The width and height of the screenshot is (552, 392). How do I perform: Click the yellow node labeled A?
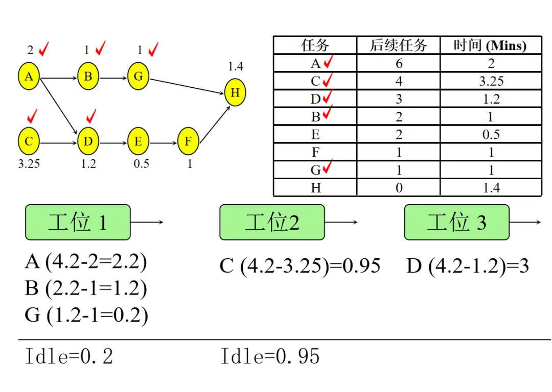tap(29, 77)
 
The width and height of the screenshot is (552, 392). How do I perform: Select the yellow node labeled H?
tap(235, 93)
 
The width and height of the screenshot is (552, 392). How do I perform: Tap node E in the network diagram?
tap(138, 141)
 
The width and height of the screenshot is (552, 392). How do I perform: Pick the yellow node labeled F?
tap(188, 141)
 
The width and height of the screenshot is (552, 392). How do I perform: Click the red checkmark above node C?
tap(32, 116)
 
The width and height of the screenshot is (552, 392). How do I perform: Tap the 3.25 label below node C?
tap(29, 164)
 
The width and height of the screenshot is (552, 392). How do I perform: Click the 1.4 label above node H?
tap(236, 66)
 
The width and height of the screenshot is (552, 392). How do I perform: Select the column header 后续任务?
tap(398, 45)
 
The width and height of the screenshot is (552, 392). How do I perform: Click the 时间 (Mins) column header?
tap(490, 45)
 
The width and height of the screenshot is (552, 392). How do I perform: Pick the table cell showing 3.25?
tap(491, 81)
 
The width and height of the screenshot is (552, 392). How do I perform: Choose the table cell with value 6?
tap(399, 63)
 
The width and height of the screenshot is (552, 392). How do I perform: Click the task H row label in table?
tap(315, 188)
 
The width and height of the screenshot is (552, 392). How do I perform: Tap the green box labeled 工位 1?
tap(78, 223)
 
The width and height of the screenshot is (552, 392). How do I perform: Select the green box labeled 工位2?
tap(272, 223)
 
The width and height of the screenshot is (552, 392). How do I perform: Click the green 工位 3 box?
tap(456, 223)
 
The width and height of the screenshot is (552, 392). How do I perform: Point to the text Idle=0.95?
tap(270, 356)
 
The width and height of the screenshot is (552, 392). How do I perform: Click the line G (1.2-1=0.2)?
tap(86, 315)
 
